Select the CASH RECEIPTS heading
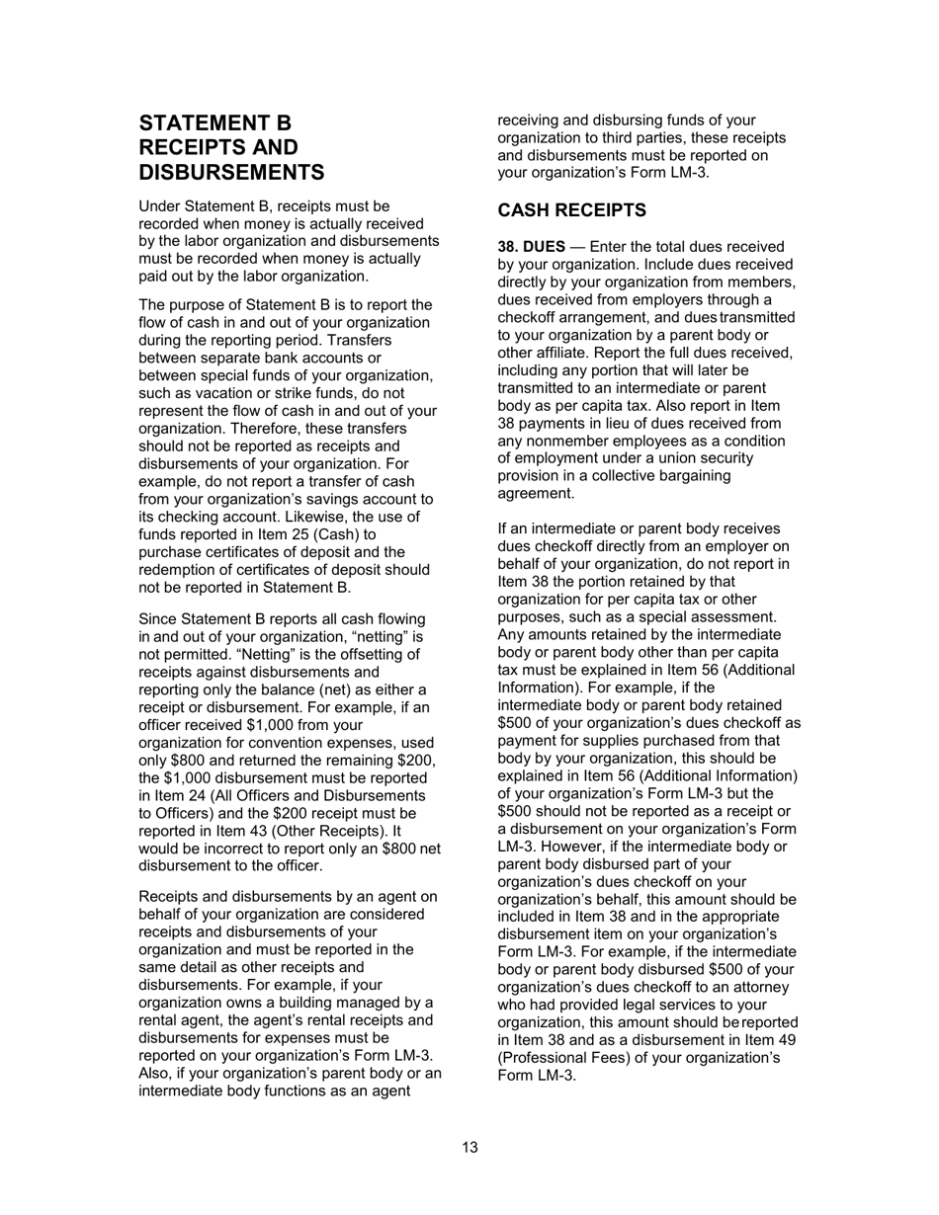pyautogui.click(x=571, y=210)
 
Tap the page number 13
pyautogui.click(x=469, y=1147)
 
